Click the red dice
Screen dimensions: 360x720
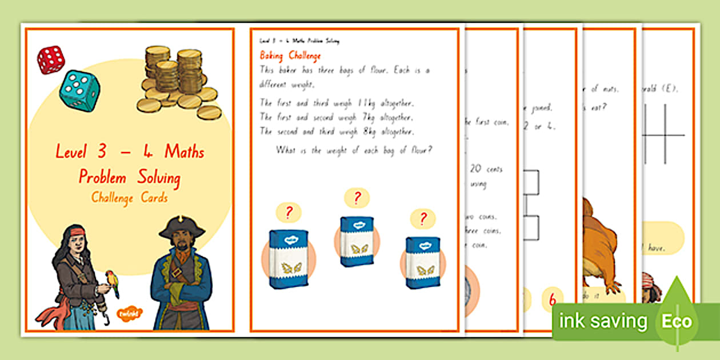coord(50,59)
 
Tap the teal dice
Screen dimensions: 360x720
coord(79,90)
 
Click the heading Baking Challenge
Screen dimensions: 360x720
coord(290,55)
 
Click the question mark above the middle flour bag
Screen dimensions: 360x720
coord(357,198)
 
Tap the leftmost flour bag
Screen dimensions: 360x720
coord(289,259)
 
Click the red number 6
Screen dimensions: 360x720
coord(552,299)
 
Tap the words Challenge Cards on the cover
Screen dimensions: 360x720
coord(129,198)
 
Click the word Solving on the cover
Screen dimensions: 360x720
coord(158,178)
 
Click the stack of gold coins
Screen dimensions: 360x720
coord(177,80)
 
